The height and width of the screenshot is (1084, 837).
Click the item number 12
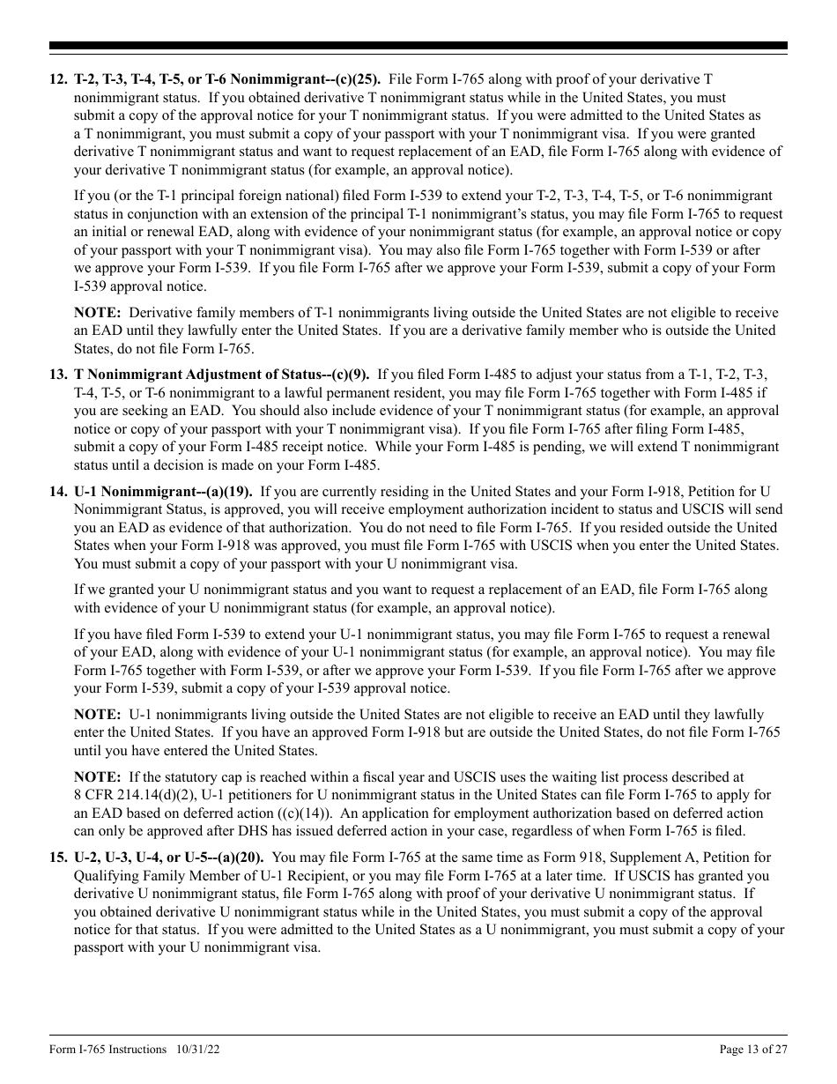pos(57,80)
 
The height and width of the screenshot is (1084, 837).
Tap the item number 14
pos(57,492)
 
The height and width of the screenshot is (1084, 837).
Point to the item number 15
pos(57,858)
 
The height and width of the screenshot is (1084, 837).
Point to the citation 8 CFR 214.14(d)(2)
pos(130,795)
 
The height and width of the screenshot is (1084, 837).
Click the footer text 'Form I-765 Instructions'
pos(107,1049)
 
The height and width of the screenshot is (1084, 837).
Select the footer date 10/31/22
pos(191,1049)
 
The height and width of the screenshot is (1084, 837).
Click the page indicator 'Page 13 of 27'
pos(753,1049)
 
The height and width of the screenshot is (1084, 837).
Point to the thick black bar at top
pos(418,46)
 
